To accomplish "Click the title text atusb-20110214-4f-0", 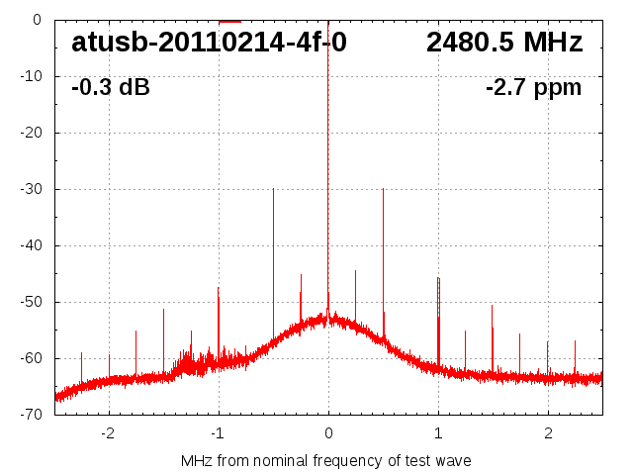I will click(x=209, y=43).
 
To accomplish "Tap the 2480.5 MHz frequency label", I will click(x=504, y=43).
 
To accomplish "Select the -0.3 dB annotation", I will click(x=111, y=88).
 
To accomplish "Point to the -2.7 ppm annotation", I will click(x=534, y=88).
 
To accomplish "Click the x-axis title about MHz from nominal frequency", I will click(x=326, y=460).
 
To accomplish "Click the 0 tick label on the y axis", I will click(x=36, y=20).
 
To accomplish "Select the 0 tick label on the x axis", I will click(x=328, y=432).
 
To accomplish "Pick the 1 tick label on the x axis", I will click(x=438, y=432).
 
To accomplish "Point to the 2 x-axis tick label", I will click(x=548, y=432).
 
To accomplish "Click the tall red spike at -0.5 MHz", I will click(x=273, y=257).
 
